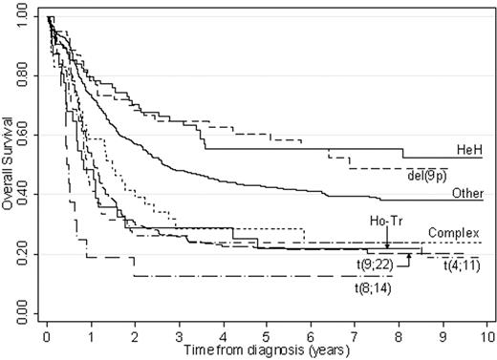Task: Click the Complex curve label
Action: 452,232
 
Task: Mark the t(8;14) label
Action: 374,287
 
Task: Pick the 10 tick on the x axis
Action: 486,336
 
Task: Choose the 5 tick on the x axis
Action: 267,336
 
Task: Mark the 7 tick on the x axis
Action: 355,336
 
